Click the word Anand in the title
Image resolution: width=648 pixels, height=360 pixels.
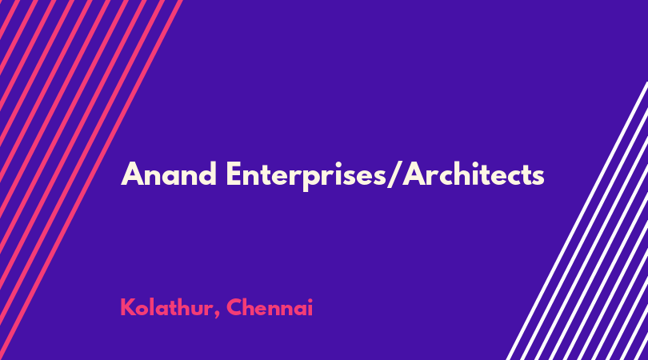pos(169,174)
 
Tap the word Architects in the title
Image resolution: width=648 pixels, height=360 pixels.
pos(474,174)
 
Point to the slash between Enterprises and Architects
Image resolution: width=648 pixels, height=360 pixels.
pos(394,175)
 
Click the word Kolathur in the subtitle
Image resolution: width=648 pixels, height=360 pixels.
pos(166,307)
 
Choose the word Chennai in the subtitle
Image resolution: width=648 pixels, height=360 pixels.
pos(270,307)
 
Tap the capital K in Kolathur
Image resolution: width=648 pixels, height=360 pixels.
pos(127,307)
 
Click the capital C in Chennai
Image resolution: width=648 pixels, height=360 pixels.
pos(234,307)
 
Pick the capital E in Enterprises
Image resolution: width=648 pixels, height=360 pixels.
pos(233,174)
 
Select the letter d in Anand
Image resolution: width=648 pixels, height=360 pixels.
pos(207,174)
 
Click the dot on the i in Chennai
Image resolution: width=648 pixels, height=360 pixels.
pos(310,300)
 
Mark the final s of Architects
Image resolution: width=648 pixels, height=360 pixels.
pos(538,177)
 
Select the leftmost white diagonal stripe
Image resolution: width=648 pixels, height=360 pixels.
pos(576,221)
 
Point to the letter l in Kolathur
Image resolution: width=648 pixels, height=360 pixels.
pos(155,306)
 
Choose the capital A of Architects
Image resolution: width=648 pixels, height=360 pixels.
pos(415,174)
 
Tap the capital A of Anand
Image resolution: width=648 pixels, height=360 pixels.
pos(133,174)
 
